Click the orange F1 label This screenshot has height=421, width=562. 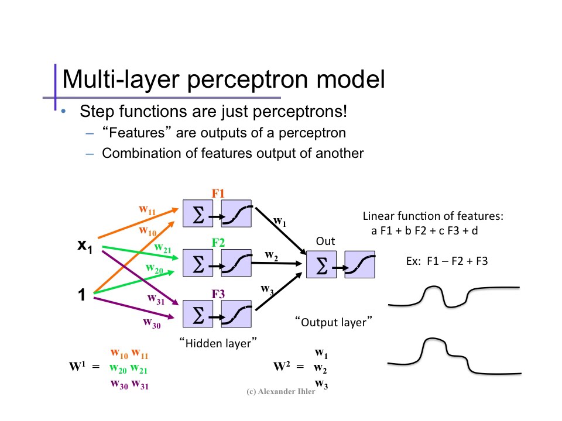pyautogui.click(x=218, y=194)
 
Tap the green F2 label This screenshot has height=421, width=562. pyautogui.click(x=218, y=242)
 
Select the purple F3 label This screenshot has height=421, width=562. pyautogui.click(x=218, y=294)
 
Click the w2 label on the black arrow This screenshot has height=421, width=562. pyautogui.click(x=271, y=255)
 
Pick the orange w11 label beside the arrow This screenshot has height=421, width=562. pyautogui.click(x=147, y=209)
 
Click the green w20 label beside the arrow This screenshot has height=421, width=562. pyautogui.click(x=155, y=269)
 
